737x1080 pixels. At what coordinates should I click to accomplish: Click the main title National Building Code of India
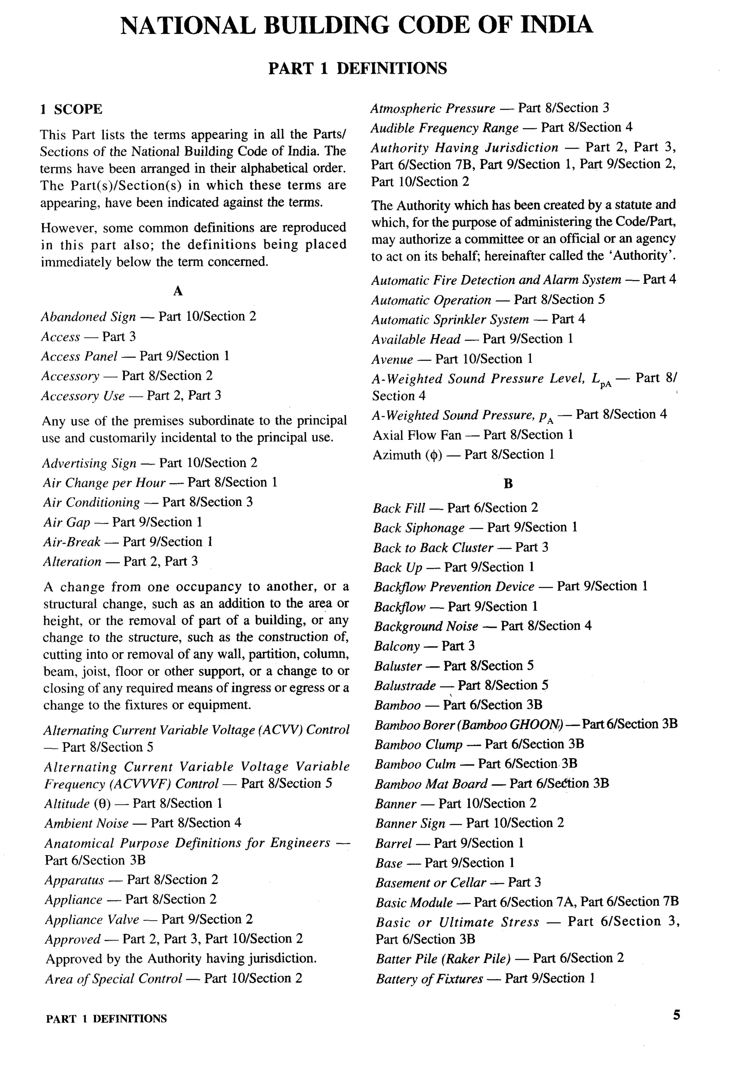[357, 25]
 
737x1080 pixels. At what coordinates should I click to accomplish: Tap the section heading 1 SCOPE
[71, 110]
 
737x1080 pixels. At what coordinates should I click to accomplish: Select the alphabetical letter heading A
[178, 291]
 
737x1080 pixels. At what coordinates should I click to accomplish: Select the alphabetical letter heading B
[508, 484]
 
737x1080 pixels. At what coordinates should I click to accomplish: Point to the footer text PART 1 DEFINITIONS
[107, 1019]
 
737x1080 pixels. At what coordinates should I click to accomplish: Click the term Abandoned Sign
[89, 317]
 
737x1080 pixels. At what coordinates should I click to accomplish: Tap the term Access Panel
[79, 356]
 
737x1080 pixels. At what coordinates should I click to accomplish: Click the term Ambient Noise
[86, 823]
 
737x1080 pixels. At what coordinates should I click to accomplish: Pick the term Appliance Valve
[92, 919]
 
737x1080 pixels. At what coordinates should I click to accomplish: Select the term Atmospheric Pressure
[433, 108]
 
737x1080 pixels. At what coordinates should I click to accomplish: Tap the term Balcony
[397, 646]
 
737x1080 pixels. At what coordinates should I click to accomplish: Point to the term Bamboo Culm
[415, 764]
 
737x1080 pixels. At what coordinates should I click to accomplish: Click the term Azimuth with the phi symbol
[407, 455]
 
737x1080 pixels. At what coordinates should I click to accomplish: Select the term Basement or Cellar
[430, 883]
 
